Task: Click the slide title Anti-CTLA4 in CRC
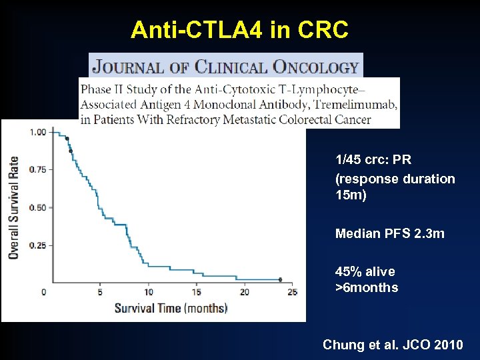click(239, 29)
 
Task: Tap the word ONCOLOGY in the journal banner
click(320, 67)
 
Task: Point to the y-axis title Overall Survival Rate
click(13, 207)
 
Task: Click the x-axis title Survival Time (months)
click(171, 308)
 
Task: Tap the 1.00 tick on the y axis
click(38, 132)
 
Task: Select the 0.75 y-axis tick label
click(38, 169)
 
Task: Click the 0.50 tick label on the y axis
click(38, 207)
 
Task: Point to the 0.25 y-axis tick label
click(38, 245)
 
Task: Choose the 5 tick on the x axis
click(100, 292)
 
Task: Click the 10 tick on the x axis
click(148, 292)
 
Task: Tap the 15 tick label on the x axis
click(197, 292)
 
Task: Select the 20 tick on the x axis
click(245, 292)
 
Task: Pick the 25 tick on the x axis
click(292, 292)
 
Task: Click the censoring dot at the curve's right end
click(280, 280)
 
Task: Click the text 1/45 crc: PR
click(373, 160)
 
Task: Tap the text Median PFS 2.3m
click(389, 233)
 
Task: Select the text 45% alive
click(365, 271)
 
